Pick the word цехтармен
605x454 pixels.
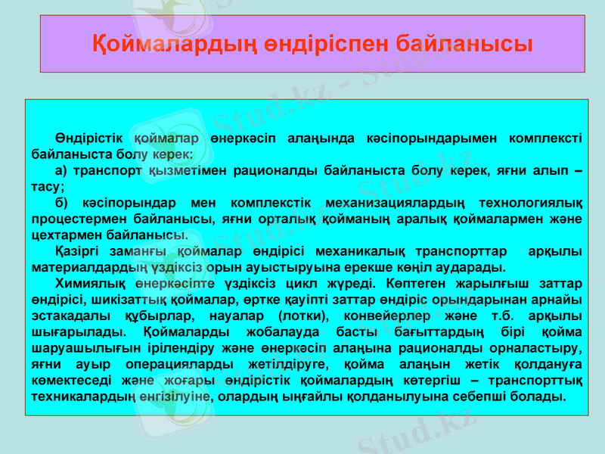62,236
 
